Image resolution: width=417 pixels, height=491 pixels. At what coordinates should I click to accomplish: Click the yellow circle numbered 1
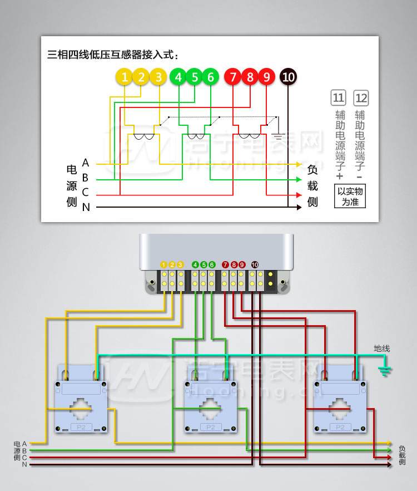pyautogui.click(x=125, y=77)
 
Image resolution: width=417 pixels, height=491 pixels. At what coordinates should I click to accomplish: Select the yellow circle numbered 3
pyautogui.click(x=158, y=77)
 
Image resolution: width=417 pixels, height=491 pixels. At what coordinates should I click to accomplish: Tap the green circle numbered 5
pyautogui.click(x=195, y=77)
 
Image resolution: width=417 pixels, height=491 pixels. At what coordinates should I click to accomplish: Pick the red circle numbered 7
pyautogui.click(x=233, y=77)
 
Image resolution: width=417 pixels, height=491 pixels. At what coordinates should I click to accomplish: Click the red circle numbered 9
pyautogui.click(x=266, y=77)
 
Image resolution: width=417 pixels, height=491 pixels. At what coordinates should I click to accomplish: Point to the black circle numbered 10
pyautogui.click(x=288, y=77)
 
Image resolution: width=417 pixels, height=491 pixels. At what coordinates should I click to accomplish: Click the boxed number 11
pyautogui.click(x=338, y=99)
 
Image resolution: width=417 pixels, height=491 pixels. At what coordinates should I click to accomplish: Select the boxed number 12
pyautogui.click(x=360, y=99)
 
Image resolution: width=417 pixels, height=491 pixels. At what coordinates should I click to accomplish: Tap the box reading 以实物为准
pyautogui.click(x=350, y=196)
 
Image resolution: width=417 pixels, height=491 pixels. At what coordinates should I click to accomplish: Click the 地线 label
pyautogui.click(x=381, y=348)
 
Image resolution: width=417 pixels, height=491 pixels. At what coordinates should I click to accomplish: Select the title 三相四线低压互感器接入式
pyautogui.click(x=114, y=55)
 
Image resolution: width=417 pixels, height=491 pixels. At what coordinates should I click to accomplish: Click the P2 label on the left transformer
pyautogui.click(x=81, y=426)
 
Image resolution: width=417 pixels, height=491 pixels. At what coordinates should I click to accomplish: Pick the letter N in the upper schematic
pyautogui.click(x=86, y=207)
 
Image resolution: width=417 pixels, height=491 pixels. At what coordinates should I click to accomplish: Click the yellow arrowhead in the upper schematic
pyautogui.click(x=299, y=164)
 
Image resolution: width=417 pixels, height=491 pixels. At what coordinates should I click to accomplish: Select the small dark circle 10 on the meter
pyautogui.click(x=255, y=264)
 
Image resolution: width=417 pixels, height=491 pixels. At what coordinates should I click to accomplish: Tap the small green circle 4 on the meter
pyautogui.click(x=195, y=264)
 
